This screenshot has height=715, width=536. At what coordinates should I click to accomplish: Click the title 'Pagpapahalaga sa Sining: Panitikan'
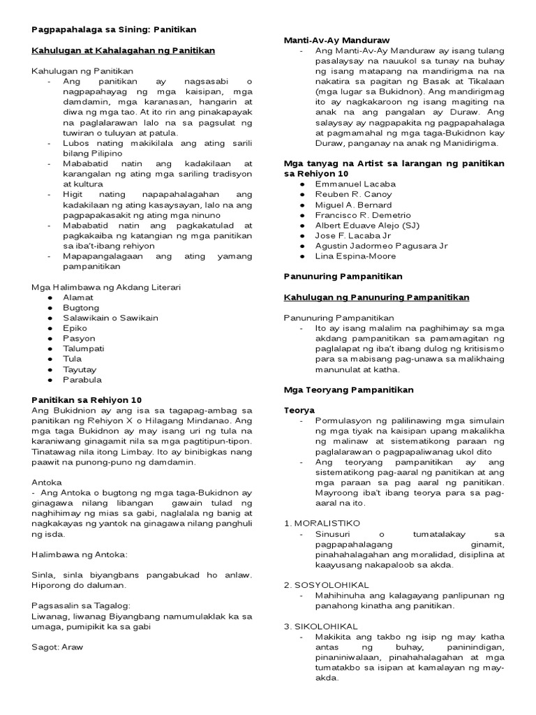click(114, 29)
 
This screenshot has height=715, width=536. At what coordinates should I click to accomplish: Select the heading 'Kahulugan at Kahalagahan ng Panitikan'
click(123, 50)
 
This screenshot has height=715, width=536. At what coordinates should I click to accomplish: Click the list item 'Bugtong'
click(80, 307)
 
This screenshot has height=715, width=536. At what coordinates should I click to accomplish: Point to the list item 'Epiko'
click(75, 327)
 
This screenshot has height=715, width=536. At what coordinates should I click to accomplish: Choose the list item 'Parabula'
click(82, 380)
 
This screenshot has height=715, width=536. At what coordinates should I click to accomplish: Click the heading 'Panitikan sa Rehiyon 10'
click(87, 400)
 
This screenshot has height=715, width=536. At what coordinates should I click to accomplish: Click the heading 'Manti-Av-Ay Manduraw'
click(336, 40)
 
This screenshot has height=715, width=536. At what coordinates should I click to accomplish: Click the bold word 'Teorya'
click(299, 410)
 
